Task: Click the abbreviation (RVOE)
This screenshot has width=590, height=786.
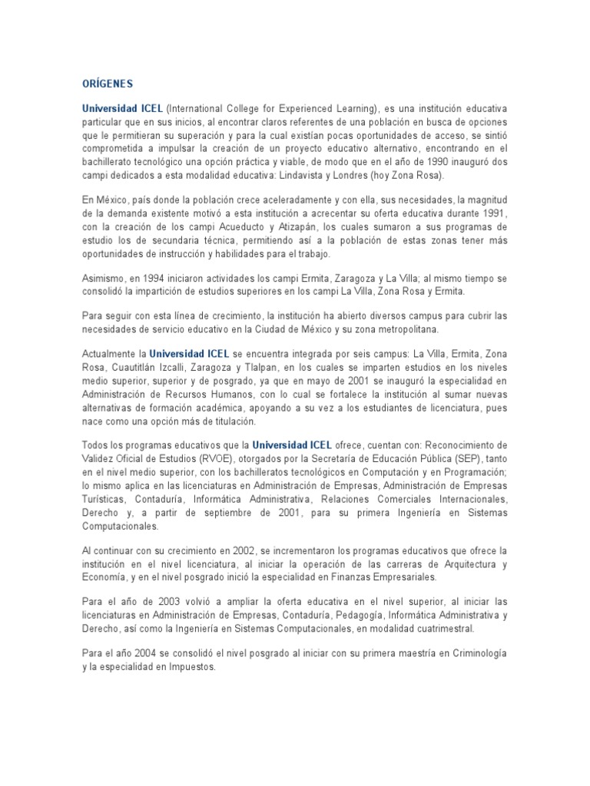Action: (190, 458)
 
